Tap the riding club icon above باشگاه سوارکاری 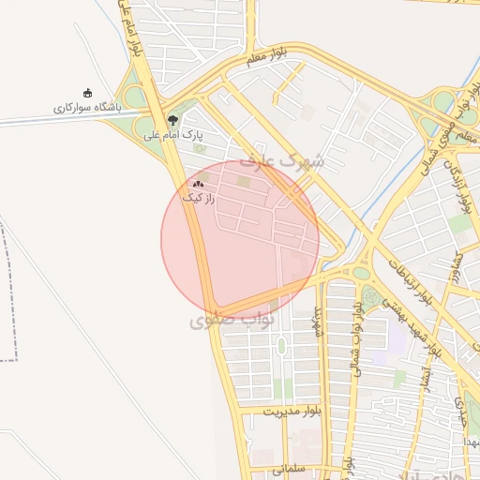point(88,92)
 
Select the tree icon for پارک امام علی point(172,119)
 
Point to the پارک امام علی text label point(173,136)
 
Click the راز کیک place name point(199,199)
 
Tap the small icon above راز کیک point(198,184)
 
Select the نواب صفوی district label point(231,322)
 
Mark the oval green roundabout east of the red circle point(361,273)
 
